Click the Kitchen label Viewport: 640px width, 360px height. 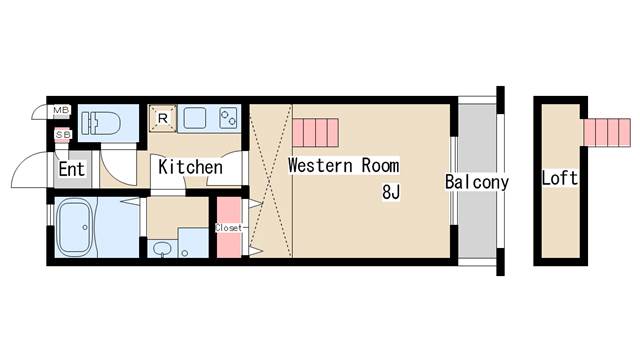point(189,167)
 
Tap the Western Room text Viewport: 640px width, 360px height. point(343,165)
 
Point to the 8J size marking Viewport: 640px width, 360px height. point(390,192)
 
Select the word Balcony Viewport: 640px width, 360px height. point(477,182)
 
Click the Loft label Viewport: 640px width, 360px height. point(559,179)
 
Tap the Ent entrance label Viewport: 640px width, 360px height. point(71,169)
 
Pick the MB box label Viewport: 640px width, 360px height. point(61,111)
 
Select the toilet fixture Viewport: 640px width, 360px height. point(100,122)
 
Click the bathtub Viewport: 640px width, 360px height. point(74,229)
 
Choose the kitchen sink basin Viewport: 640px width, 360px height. point(194,120)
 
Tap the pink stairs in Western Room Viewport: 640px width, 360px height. point(317,131)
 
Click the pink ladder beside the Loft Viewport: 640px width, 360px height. point(608,131)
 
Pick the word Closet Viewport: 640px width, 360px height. point(229,227)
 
